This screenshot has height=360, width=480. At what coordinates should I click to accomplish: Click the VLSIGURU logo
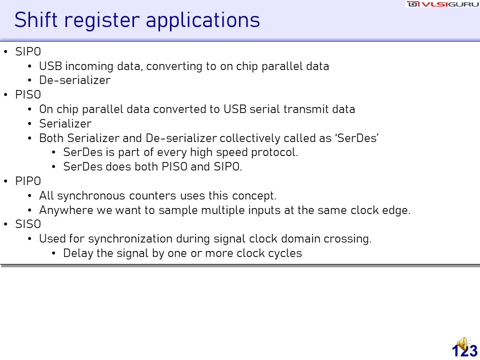pos(443,4)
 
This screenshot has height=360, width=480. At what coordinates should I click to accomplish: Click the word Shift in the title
pos(36,20)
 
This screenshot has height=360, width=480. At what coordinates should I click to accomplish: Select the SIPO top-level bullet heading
pos(28,51)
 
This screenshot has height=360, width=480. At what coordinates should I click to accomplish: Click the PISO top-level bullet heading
pos(28,94)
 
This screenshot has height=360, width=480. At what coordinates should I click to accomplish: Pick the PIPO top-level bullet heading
pos(28,181)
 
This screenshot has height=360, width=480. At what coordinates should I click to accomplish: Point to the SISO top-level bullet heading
pos(28,224)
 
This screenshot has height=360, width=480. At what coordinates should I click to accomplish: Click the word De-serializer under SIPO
pos(74,80)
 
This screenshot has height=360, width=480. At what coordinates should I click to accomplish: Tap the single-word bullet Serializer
pos(65,123)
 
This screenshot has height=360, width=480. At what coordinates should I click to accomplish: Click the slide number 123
pos(464,351)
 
